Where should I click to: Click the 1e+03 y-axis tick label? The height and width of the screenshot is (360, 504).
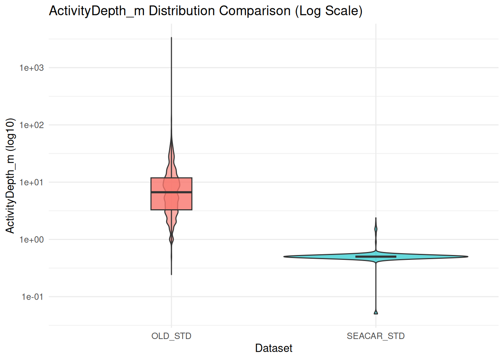tap(31, 68)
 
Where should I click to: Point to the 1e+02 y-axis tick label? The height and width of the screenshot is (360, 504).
tap(31, 125)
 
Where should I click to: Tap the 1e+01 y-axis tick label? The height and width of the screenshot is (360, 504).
tap(31, 183)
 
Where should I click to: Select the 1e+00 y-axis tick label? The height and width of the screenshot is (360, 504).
tap(31, 240)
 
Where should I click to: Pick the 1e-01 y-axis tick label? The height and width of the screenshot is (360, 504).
tap(32, 297)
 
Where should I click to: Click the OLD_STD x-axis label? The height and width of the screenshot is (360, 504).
tap(171, 336)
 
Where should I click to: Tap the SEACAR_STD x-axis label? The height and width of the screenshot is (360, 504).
tap(376, 336)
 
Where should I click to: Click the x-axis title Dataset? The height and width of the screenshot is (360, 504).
tap(274, 348)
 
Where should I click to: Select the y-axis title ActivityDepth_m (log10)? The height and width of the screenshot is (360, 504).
tap(10, 175)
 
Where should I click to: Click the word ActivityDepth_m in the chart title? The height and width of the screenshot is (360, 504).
tap(97, 11)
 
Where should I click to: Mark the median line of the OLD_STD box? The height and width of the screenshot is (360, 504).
tap(171, 192)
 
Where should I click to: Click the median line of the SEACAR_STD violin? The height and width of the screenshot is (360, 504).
tap(376, 256)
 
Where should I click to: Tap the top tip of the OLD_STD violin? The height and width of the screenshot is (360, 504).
tap(171, 38)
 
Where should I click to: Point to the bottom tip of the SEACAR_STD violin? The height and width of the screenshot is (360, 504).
tap(376, 313)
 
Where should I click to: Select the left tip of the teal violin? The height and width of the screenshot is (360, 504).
tap(284, 256)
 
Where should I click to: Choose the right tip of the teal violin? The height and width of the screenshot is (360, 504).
tap(468, 256)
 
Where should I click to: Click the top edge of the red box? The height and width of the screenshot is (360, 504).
tap(171, 178)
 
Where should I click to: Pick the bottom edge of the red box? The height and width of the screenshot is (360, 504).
tap(171, 210)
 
